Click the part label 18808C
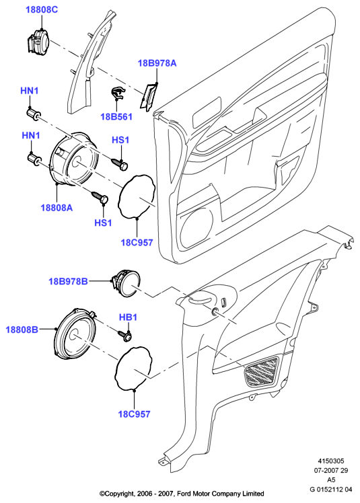(x=42, y=9)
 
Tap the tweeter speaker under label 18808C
(x=37, y=41)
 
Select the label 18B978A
(x=157, y=63)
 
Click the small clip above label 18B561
(x=118, y=93)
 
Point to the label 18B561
(x=116, y=116)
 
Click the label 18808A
(x=57, y=208)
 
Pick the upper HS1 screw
(x=120, y=163)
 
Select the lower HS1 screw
(x=100, y=198)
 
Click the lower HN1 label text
(x=31, y=136)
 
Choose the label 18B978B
(x=68, y=282)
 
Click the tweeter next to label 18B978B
(x=125, y=283)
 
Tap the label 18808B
(x=22, y=330)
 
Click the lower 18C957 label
(x=134, y=414)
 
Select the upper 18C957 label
(x=137, y=242)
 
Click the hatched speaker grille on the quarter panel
(x=262, y=371)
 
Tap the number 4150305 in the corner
(x=331, y=461)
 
